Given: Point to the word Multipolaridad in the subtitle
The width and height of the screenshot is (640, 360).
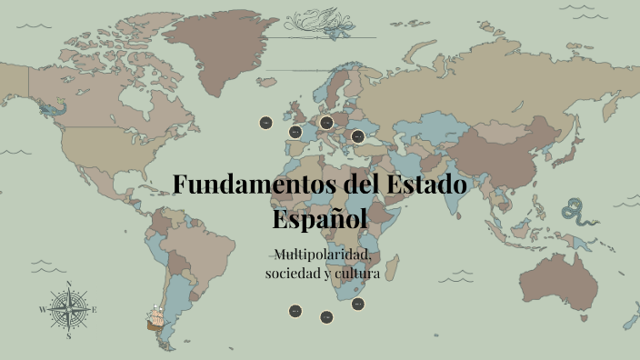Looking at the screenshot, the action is (x=320, y=253).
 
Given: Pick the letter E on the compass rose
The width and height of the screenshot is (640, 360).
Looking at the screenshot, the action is (x=95, y=310).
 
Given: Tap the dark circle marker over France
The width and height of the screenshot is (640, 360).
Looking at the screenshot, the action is (x=295, y=133).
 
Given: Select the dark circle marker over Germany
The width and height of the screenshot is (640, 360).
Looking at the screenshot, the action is (x=326, y=122).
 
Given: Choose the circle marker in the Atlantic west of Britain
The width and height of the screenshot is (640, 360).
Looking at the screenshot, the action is (x=265, y=122).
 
